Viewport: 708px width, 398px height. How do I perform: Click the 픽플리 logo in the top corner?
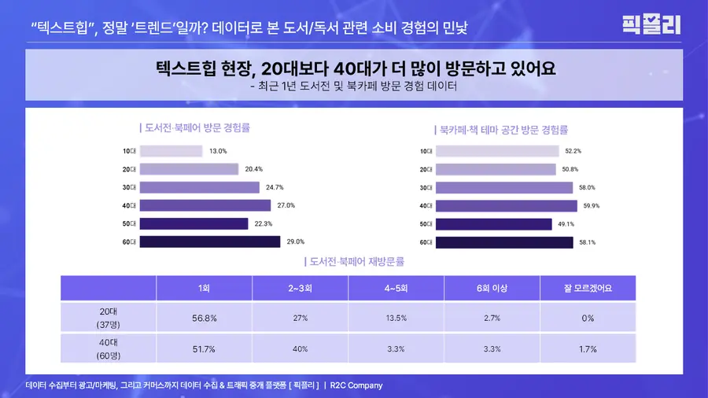click(651, 24)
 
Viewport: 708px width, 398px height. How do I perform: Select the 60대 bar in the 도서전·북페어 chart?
click(210, 242)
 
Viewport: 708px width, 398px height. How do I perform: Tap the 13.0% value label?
click(218, 151)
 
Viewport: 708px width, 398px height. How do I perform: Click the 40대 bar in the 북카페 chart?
click(506, 206)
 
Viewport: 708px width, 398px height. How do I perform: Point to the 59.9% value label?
click(592, 206)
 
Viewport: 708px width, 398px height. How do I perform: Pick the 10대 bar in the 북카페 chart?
click(497, 151)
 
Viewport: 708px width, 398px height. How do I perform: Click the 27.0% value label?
click(286, 205)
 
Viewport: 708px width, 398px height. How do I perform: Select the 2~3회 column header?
click(300, 288)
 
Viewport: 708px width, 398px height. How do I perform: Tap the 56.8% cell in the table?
click(204, 318)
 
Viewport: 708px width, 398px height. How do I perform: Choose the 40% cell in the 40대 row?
click(300, 348)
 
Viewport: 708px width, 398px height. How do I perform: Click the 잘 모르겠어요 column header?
click(588, 288)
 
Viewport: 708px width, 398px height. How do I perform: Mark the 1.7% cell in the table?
click(588, 348)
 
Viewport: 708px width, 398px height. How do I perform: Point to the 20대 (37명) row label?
click(109, 318)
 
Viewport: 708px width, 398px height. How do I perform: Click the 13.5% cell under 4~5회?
click(396, 318)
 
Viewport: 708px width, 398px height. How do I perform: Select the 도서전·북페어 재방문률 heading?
click(355, 262)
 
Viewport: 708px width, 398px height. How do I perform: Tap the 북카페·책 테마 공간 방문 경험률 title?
click(501, 130)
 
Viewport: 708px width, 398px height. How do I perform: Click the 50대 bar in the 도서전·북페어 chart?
click(194, 224)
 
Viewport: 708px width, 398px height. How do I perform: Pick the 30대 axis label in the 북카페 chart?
click(426, 188)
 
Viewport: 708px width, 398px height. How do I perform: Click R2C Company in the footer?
click(356, 385)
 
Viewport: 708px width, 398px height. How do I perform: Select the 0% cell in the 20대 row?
click(588, 318)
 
